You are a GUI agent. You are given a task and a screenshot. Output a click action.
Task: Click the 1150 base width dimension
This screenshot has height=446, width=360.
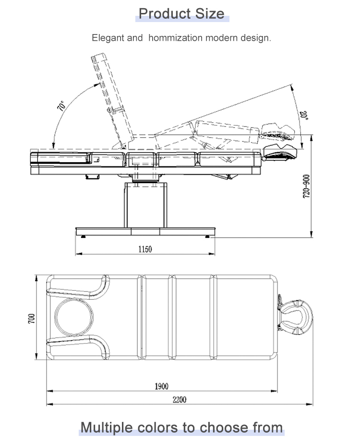pyautogui.click(x=145, y=249)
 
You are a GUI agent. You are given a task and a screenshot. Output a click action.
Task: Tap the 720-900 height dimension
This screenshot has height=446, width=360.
pyautogui.click(x=306, y=186)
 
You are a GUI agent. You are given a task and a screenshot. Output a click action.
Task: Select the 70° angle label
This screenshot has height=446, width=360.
pyautogui.click(x=61, y=106)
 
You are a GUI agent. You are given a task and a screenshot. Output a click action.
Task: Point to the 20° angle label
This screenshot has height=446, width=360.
pyautogui.click(x=304, y=115)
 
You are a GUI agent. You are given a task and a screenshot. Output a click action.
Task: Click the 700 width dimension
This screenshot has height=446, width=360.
pyautogui.click(x=31, y=318)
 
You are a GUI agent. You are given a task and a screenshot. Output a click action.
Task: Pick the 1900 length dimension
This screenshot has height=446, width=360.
pyautogui.click(x=161, y=386)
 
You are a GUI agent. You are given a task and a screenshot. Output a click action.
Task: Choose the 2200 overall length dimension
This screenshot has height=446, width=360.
pyautogui.click(x=180, y=399)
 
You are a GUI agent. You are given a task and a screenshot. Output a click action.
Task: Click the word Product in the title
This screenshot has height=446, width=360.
pyautogui.click(x=165, y=13)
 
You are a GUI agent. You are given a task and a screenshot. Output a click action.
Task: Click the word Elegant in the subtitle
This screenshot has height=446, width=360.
pyautogui.click(x=108, y=38)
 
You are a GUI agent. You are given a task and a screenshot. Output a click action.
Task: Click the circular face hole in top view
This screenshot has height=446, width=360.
pyautogui.click(x=74, y=317)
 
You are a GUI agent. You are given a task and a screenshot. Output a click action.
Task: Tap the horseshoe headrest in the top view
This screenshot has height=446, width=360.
pyautogui.click(x=296, y=317)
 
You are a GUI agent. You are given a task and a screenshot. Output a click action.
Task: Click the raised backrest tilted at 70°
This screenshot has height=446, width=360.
pyautogui.click(x=112, y=100)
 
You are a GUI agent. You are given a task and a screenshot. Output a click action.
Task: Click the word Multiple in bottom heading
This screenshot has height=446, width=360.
pyautogui.click(x=107, y=428)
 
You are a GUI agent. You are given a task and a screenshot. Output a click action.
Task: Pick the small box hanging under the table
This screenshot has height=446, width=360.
pyautogui.click(x=93, y=177)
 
